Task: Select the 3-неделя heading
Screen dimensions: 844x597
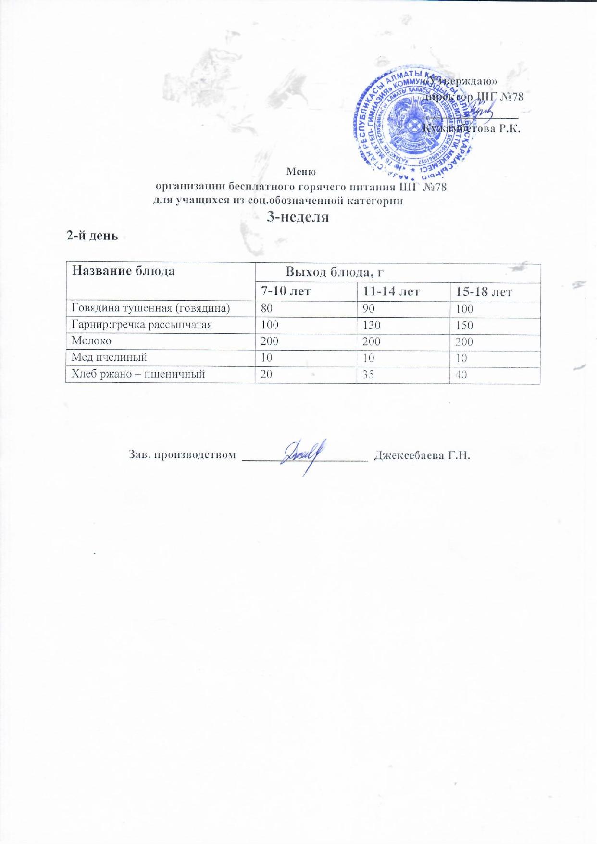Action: pyautogui.click(x=298, y=217)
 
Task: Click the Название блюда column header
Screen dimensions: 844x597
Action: pyautogui.click(x=123, y=271)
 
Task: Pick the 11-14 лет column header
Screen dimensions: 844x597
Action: pyautogui.click(x=392, y=291)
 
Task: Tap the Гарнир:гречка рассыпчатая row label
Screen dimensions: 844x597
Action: pyautogui.click(x=142, y=325)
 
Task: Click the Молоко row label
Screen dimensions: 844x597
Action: pyautogui.click(x=91, y=341)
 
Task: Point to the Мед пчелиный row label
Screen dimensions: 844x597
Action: pyautogui.click(x=109, y=357)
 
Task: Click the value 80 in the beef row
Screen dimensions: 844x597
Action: pyautogui.click(x=266, y=308)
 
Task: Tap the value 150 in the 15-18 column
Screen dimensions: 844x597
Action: pyautogui.click(x=464, y=326)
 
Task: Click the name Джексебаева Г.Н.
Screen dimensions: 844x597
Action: pyautogui.click(x=421, y=455)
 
